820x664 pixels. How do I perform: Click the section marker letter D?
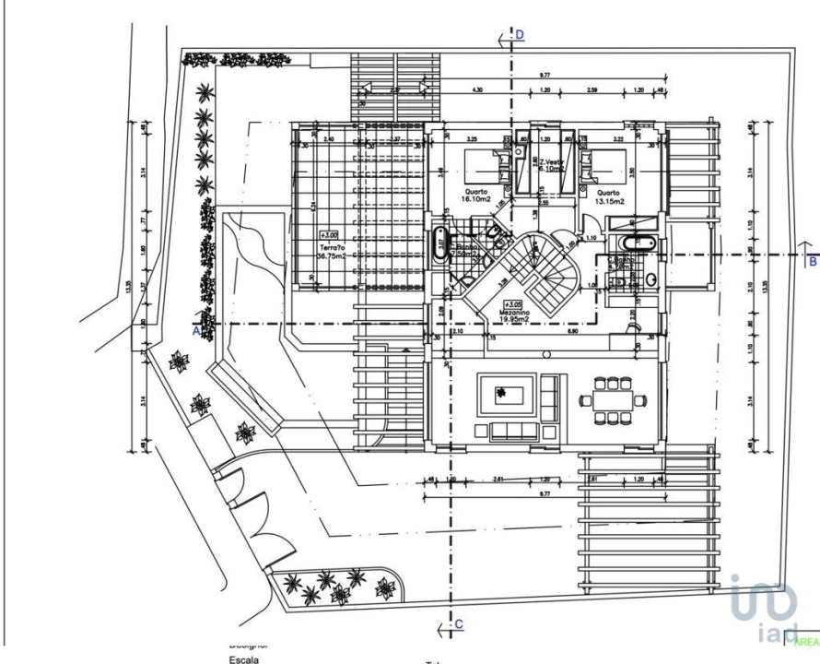coord(520,34)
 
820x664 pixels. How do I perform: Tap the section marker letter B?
coord(812,262)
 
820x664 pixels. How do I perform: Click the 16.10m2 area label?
coord(478,199)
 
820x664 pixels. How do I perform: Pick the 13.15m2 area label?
coord(608,200)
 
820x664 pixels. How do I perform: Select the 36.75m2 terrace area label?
coord(333,257)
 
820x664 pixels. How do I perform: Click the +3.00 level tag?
coord(329,235)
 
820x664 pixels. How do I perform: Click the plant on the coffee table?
coord(500,396)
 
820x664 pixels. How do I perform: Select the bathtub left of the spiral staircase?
coord(439,247)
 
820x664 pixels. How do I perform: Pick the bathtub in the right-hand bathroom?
coord(638,243)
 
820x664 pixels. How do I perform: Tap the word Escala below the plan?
coord(244,659)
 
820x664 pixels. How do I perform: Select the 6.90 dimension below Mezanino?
coord(571,330)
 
